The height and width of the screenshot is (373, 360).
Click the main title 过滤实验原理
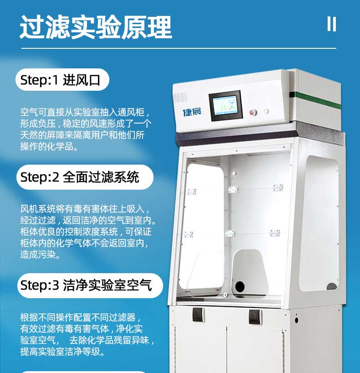[x=96, y=27]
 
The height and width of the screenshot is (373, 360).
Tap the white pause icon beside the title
[x=331, y=24]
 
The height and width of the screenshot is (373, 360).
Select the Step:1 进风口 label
[x=62, y=80]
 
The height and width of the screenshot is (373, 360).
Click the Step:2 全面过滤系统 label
[x=85, y=177]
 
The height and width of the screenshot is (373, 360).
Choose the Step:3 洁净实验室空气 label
[x=90, y=285]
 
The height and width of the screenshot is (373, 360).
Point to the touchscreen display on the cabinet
[x=226, y=106]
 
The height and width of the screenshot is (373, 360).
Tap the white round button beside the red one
[x=266, y=111]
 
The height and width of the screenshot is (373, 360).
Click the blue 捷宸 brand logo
[x=192, y=112]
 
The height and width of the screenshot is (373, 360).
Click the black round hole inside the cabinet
[x=240, y=287]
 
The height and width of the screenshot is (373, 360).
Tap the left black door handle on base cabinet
[x=198, y=315]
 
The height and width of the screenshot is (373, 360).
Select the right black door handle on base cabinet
[x=255, y=316]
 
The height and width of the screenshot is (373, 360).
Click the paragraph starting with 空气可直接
[x=86, y=129]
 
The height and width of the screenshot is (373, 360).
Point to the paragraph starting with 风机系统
[x=88, y=232]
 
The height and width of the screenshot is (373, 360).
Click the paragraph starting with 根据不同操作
[x=87, y=334]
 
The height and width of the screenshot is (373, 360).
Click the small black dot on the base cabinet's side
[x=296, y=320]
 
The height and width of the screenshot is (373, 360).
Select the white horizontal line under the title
[x=179, y=48]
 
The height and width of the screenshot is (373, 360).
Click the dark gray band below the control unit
[x=260, y=137]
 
